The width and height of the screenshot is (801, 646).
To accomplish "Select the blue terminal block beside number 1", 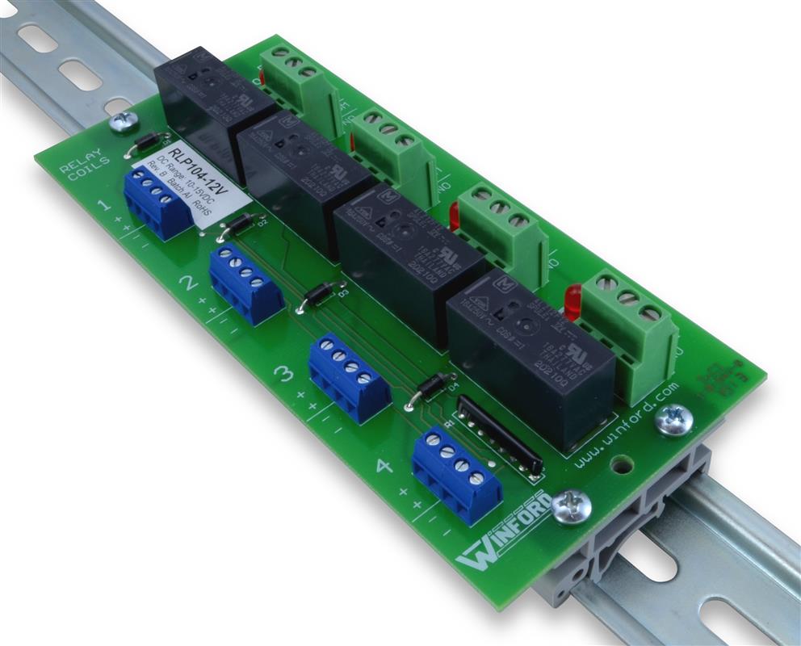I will click(157, 203).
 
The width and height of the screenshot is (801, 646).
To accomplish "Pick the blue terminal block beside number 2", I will click(245, 283).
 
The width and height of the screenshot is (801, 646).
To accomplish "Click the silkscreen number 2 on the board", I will click(188, 283).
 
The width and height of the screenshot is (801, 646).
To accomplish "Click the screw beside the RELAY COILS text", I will click(124, 122).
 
